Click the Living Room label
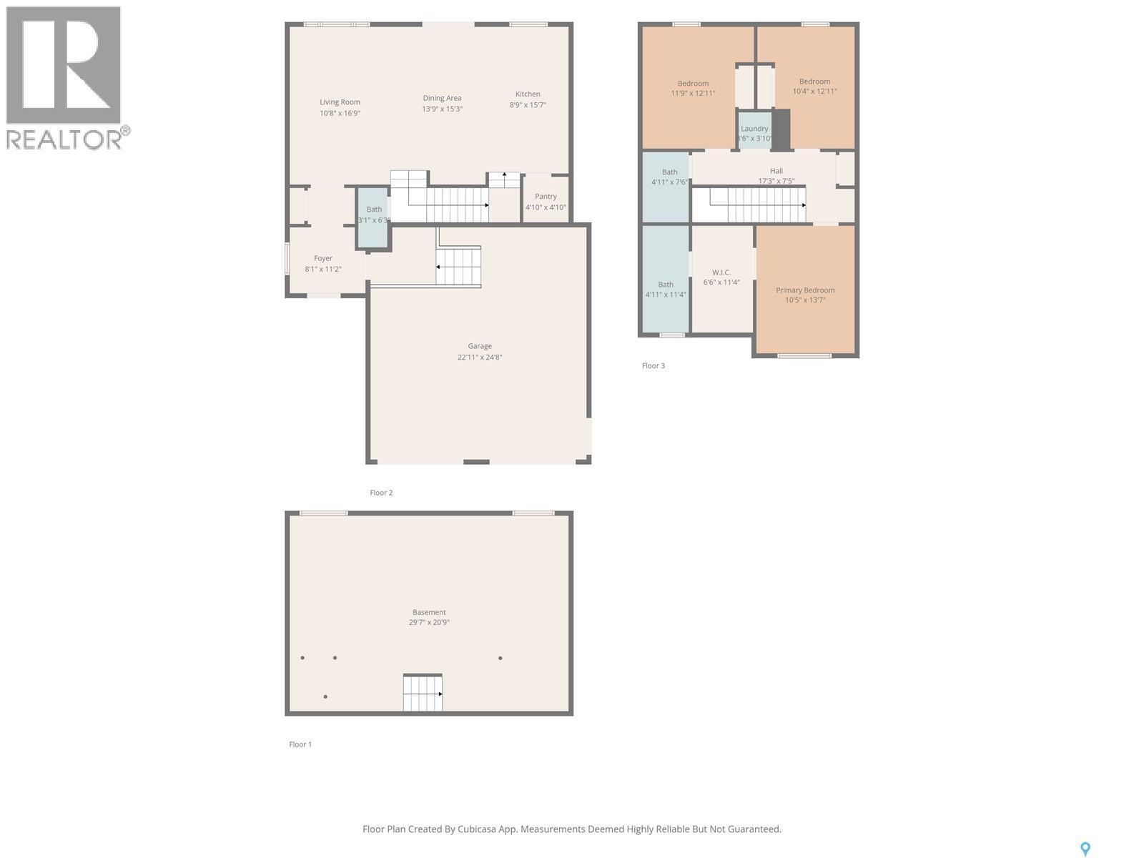tap(340, 102)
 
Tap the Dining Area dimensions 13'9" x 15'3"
tap(442, 109)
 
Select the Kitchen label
tap(528, 94)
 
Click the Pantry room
tap(546, 201)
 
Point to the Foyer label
tap(323, 258)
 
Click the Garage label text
tap(480, 346)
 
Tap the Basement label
tap(429, 612)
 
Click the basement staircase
tap(423, 693)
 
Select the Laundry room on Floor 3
tap(754, 132)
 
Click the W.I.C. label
tap(721, 272)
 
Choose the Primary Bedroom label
tap(805, 290)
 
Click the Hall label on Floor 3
tap(776, 171)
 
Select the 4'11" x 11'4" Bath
tap(666, 289)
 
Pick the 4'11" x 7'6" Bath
tap(669, 177)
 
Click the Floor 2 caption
tap(381, 493)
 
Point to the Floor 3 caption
tap(654, 365)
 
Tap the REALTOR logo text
tap(64, 139)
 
